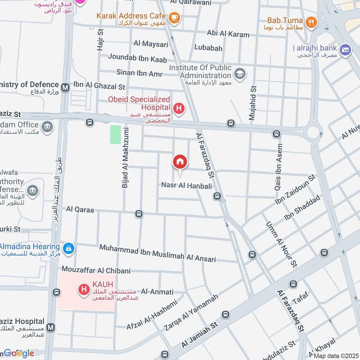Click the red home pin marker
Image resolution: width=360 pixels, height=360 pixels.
[180, 162]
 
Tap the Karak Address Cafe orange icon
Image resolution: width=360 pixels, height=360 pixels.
[174, 18]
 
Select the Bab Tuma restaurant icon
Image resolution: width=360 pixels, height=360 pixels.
[310, 21]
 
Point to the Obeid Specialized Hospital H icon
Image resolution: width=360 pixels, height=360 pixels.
[179, 108]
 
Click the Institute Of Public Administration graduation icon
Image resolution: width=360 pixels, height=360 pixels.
[240, 73]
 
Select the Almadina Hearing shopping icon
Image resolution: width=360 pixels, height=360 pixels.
[68, 248]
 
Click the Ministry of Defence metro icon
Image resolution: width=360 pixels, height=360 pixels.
[66, 87]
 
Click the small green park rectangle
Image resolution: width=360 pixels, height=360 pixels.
[116, 135]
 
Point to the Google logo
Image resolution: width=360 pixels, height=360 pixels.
[18, 353]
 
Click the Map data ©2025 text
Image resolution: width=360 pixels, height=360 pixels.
[335, 355]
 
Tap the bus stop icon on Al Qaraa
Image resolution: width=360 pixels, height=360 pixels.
[139, 214]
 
